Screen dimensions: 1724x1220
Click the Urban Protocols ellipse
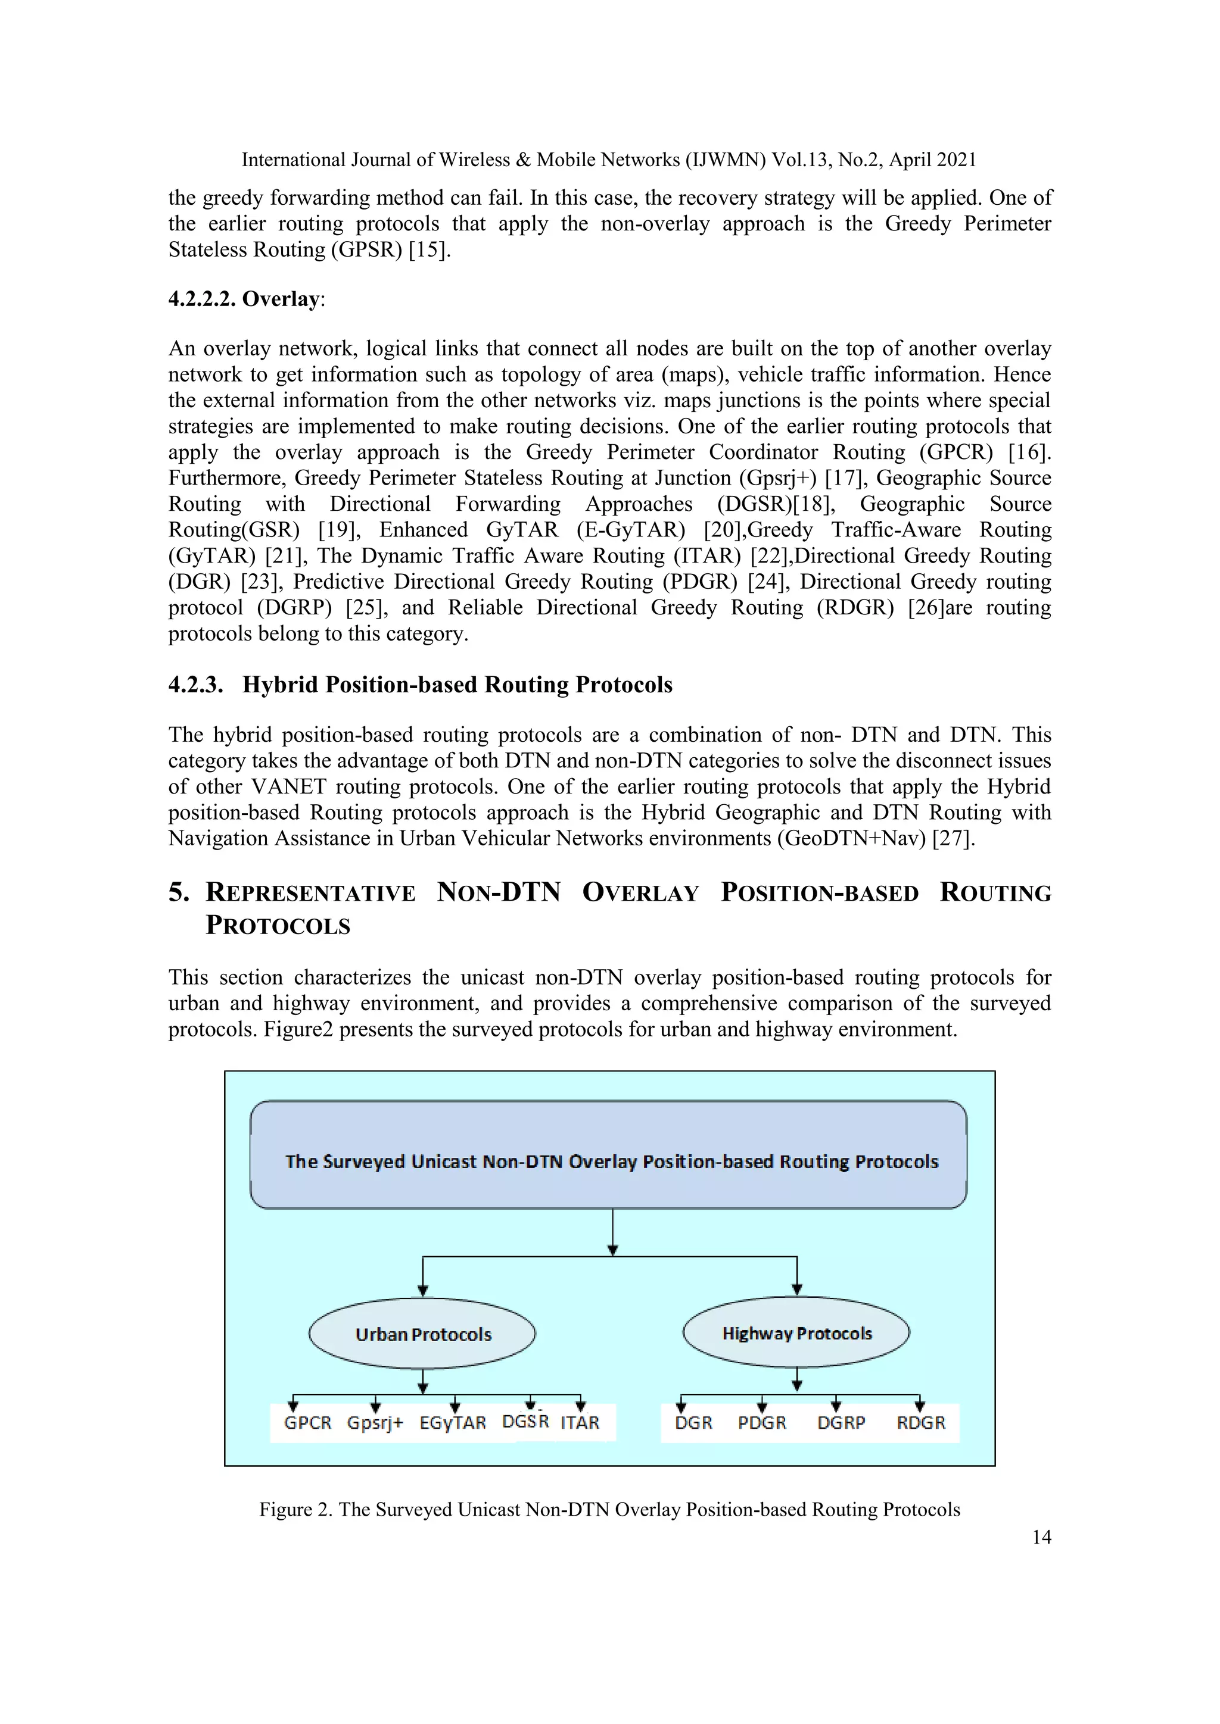pos(422,1333)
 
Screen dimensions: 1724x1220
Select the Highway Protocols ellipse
pos(796,1333)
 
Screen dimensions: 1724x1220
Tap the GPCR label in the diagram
pos(307,1422)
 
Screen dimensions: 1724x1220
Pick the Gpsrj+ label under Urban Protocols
pos(375,1422)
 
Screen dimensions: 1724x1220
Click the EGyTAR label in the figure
pos(452,1422)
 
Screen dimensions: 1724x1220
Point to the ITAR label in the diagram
pos(580,1422)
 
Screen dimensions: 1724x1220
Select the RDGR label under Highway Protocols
pos(921,1422)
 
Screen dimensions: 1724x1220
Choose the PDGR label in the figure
pos(762,1422)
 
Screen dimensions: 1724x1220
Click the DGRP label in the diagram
pos(841,1422)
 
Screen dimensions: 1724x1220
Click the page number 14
pos(1041,1537)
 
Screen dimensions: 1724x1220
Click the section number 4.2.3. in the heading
pos(195,685)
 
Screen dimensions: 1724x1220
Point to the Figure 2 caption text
pos(609,1509)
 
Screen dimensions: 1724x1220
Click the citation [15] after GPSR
pos(429,249)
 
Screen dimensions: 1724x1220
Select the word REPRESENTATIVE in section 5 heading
pos(310,893)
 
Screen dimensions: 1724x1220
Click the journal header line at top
pos(608,160)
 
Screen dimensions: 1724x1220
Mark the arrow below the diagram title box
pos(613,1230)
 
